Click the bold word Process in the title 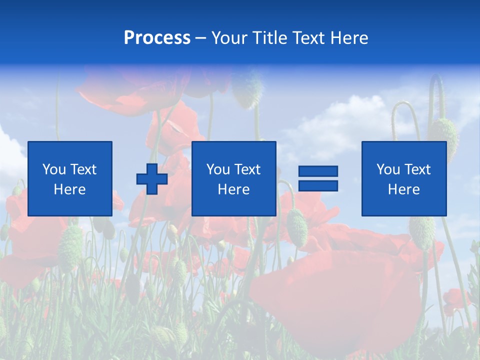click(157, 38)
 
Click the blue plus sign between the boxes click(152, 179)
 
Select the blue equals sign click(318, 178)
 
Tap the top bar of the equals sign click(318, 171)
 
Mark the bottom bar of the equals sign click(318, 186)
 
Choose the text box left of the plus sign click(70, 178)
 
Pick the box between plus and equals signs click(233, 178)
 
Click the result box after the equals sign click(403, 178)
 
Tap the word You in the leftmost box click(53, 169)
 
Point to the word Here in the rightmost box click(403, 189)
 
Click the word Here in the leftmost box click(69, 189)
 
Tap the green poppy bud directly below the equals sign click(297, 227)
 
